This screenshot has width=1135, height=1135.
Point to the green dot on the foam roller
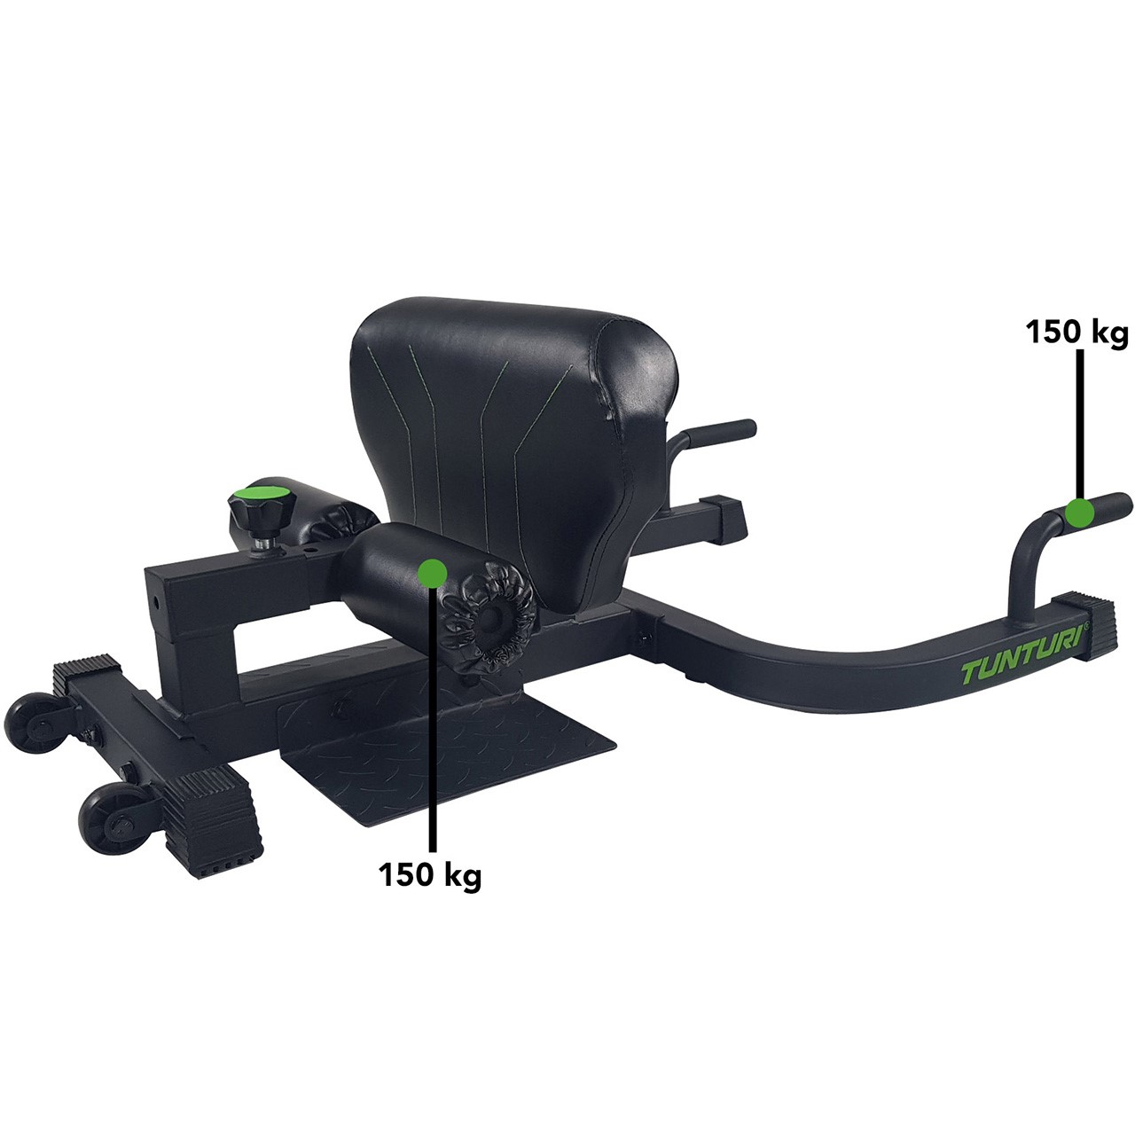(432, 573)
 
